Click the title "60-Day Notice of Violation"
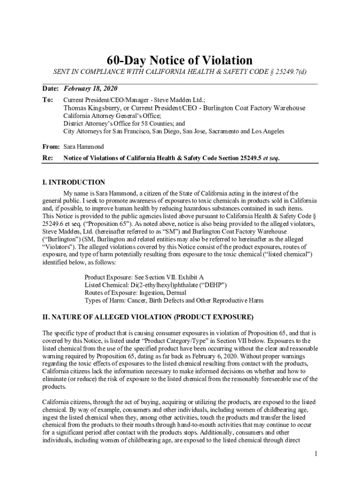[x=180, y=60]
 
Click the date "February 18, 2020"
[x=90, y=89]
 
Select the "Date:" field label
[x=50, y=89]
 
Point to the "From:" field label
[x=51, y=146]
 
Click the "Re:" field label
[x=47, y=158]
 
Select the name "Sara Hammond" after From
[x=84, y=146]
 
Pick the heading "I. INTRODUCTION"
[x=74, y=182]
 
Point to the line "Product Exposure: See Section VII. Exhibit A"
[x=144, y=277]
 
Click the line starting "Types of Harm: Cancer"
[x=174, y=300]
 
